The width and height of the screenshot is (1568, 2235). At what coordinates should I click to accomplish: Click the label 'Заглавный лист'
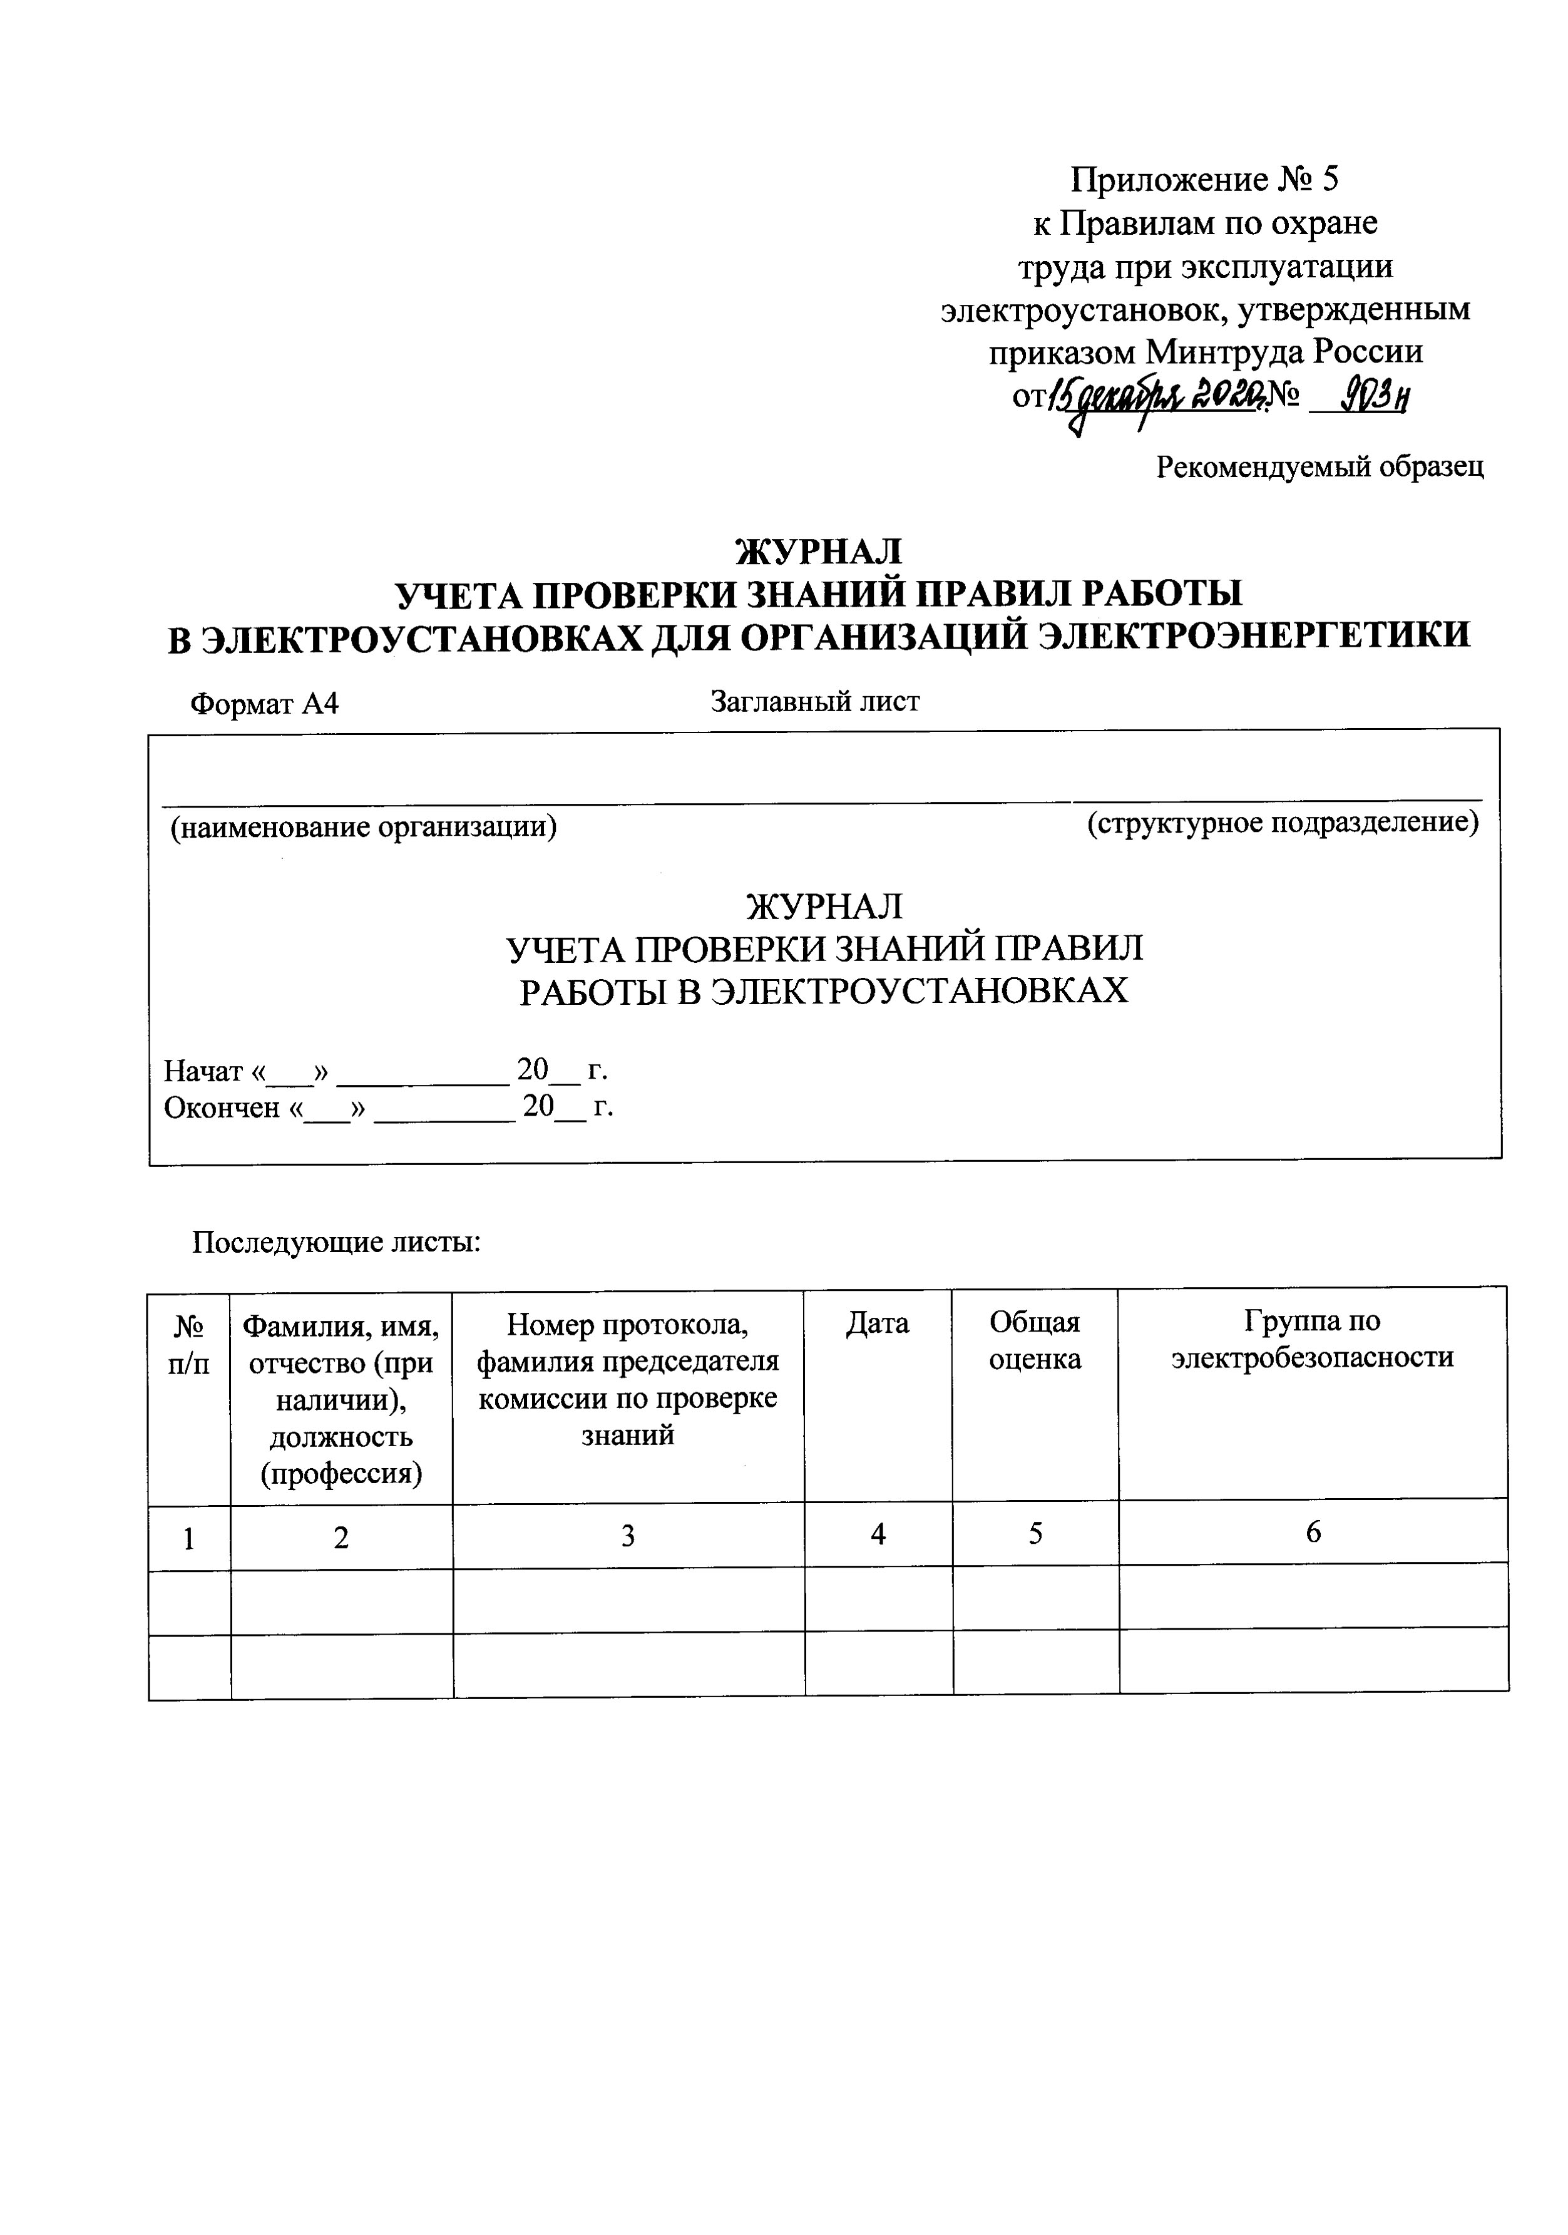point(814,701)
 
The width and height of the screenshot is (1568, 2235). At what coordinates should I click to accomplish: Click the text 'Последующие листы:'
point(336,1243)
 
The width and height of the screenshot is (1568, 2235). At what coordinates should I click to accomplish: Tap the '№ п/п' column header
point(189,1342)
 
